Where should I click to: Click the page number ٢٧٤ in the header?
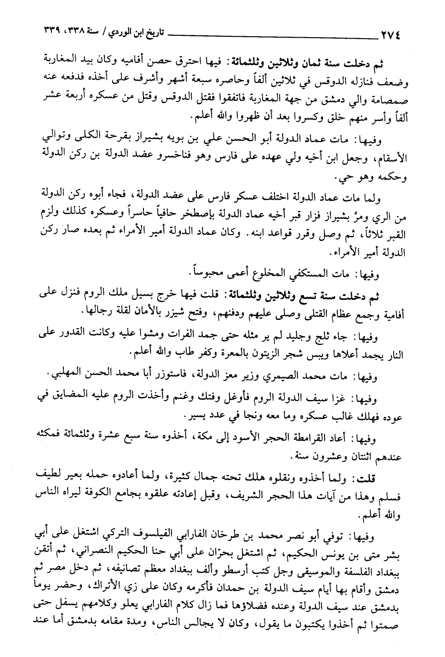(x=391, y=34)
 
